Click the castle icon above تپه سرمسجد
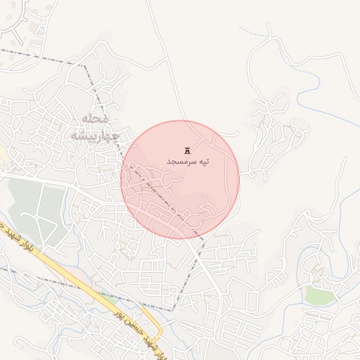187,150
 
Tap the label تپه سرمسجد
188,162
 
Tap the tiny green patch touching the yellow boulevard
106,296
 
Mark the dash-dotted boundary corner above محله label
86,66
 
